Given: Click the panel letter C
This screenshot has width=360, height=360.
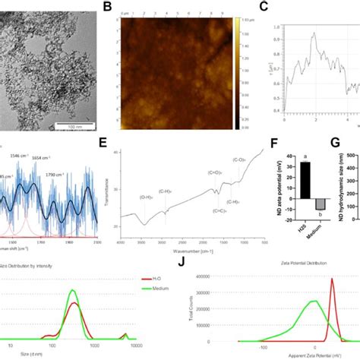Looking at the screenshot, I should click(x=264, y=8).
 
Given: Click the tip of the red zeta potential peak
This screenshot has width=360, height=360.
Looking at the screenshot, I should click(x=332, y=279).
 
